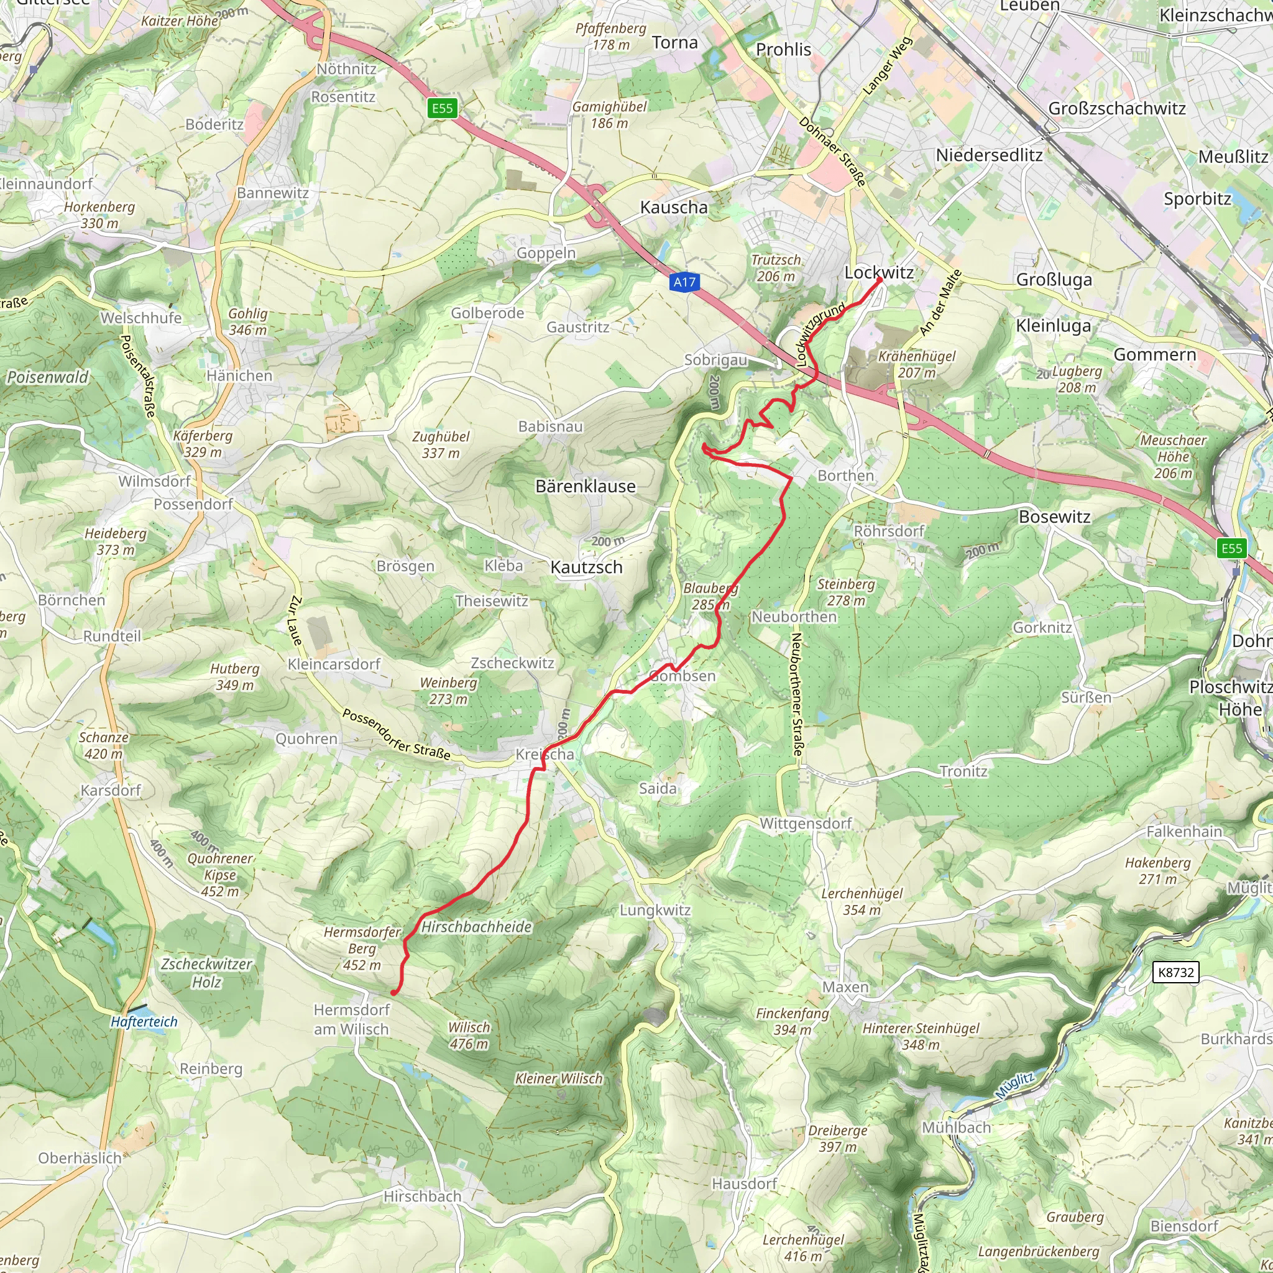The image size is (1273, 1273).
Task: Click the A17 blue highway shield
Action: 684,283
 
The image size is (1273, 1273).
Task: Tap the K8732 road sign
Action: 1176,972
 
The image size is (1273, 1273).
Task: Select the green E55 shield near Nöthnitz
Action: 442,108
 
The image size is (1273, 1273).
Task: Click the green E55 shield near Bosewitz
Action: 1231,548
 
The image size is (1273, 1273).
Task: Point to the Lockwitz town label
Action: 879,272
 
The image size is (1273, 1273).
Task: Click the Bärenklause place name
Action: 585,486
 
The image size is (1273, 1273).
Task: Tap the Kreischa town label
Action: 545,754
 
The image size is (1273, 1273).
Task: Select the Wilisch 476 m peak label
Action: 469,1035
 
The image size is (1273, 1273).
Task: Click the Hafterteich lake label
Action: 144,1022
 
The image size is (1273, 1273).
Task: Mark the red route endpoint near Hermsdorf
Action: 394,992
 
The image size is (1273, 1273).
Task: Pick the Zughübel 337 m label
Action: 441,445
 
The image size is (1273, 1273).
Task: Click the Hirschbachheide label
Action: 476,926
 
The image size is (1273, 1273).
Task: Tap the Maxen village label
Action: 845,987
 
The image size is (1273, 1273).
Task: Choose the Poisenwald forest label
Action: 47,377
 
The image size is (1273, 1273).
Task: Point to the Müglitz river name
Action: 1014,1085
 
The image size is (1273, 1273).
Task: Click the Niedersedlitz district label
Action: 989,155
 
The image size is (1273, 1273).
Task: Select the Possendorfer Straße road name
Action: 397,734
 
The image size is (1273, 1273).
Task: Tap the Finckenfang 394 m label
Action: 792,1021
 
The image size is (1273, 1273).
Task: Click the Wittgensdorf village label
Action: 805,823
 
